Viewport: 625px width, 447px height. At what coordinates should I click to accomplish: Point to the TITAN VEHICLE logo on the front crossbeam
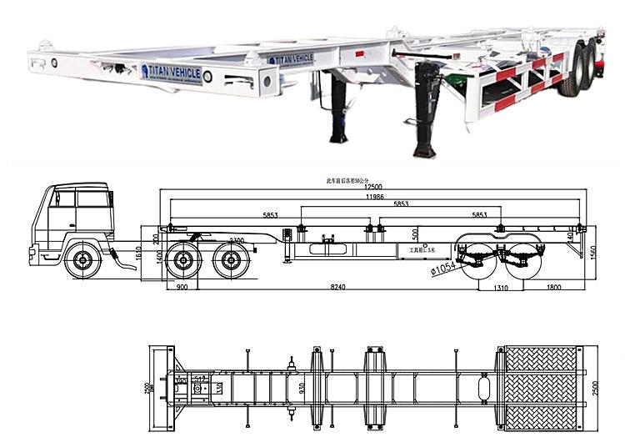pos(171,73)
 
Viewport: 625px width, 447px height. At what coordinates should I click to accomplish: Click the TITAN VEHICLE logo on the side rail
pos(291,58)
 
